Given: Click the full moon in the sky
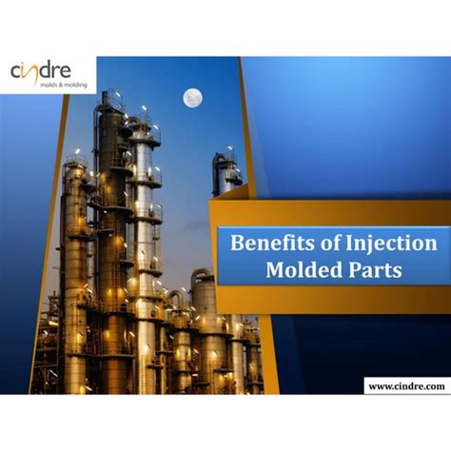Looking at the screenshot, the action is click(x=193, y=98).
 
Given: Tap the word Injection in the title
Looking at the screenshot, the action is click(x=391, y=245).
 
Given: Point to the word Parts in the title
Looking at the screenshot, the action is click(x=375, y=270).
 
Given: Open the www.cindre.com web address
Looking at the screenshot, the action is click(x=406, y=386).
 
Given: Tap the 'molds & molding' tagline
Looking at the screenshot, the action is click(x=64, y=85).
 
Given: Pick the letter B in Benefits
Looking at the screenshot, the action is click(x=236, y=244).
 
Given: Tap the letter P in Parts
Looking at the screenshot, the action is click(x=354, y=270).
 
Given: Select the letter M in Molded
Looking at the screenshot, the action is click(x=275, y=270).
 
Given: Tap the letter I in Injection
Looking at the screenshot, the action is click(x=349, y=244).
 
